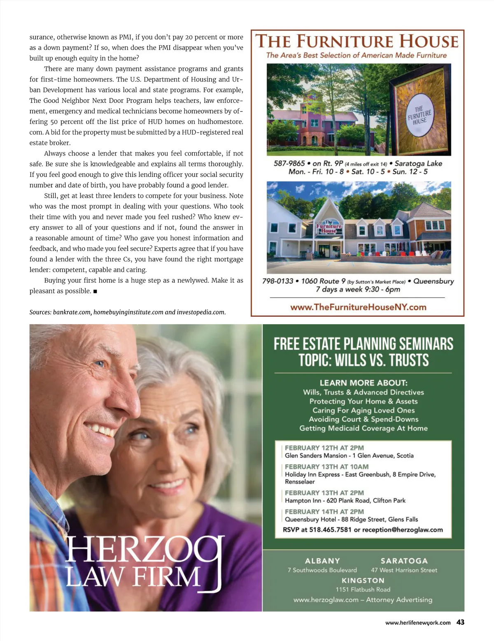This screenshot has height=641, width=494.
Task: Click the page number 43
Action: click(x=460, y=622)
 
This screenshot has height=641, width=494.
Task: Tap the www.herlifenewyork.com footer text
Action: click(x=418, y=623)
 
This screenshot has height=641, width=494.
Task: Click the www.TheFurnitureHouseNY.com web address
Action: click(x=358, y=307)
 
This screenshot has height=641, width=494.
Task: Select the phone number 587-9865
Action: click(x=289, y=163)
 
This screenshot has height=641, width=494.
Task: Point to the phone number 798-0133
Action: click(x=278, y=281)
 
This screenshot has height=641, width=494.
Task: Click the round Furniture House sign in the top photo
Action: click(x=420, y=115)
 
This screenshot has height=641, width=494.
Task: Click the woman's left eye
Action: click(x=190, y=430)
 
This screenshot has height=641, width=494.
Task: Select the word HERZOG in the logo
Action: click(x=144, y=550)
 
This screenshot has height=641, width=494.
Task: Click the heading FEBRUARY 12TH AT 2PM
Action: click(x=324, y=448)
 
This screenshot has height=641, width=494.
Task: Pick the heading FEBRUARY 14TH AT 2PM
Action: click(x=324, y=511)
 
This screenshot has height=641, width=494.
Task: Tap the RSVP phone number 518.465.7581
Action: click(x=330, y=530)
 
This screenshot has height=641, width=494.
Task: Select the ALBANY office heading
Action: click(x=322, y=561)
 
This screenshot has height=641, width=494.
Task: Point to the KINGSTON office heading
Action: click(x=363, y=581)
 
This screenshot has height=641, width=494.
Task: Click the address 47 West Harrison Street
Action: click(x=404, y=570)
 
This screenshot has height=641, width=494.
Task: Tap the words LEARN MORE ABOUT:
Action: click(x=364, y=383)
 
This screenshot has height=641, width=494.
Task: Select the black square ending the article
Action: click(x=95, y=291)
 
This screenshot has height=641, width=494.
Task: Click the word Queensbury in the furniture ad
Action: click(x=433, y=281)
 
